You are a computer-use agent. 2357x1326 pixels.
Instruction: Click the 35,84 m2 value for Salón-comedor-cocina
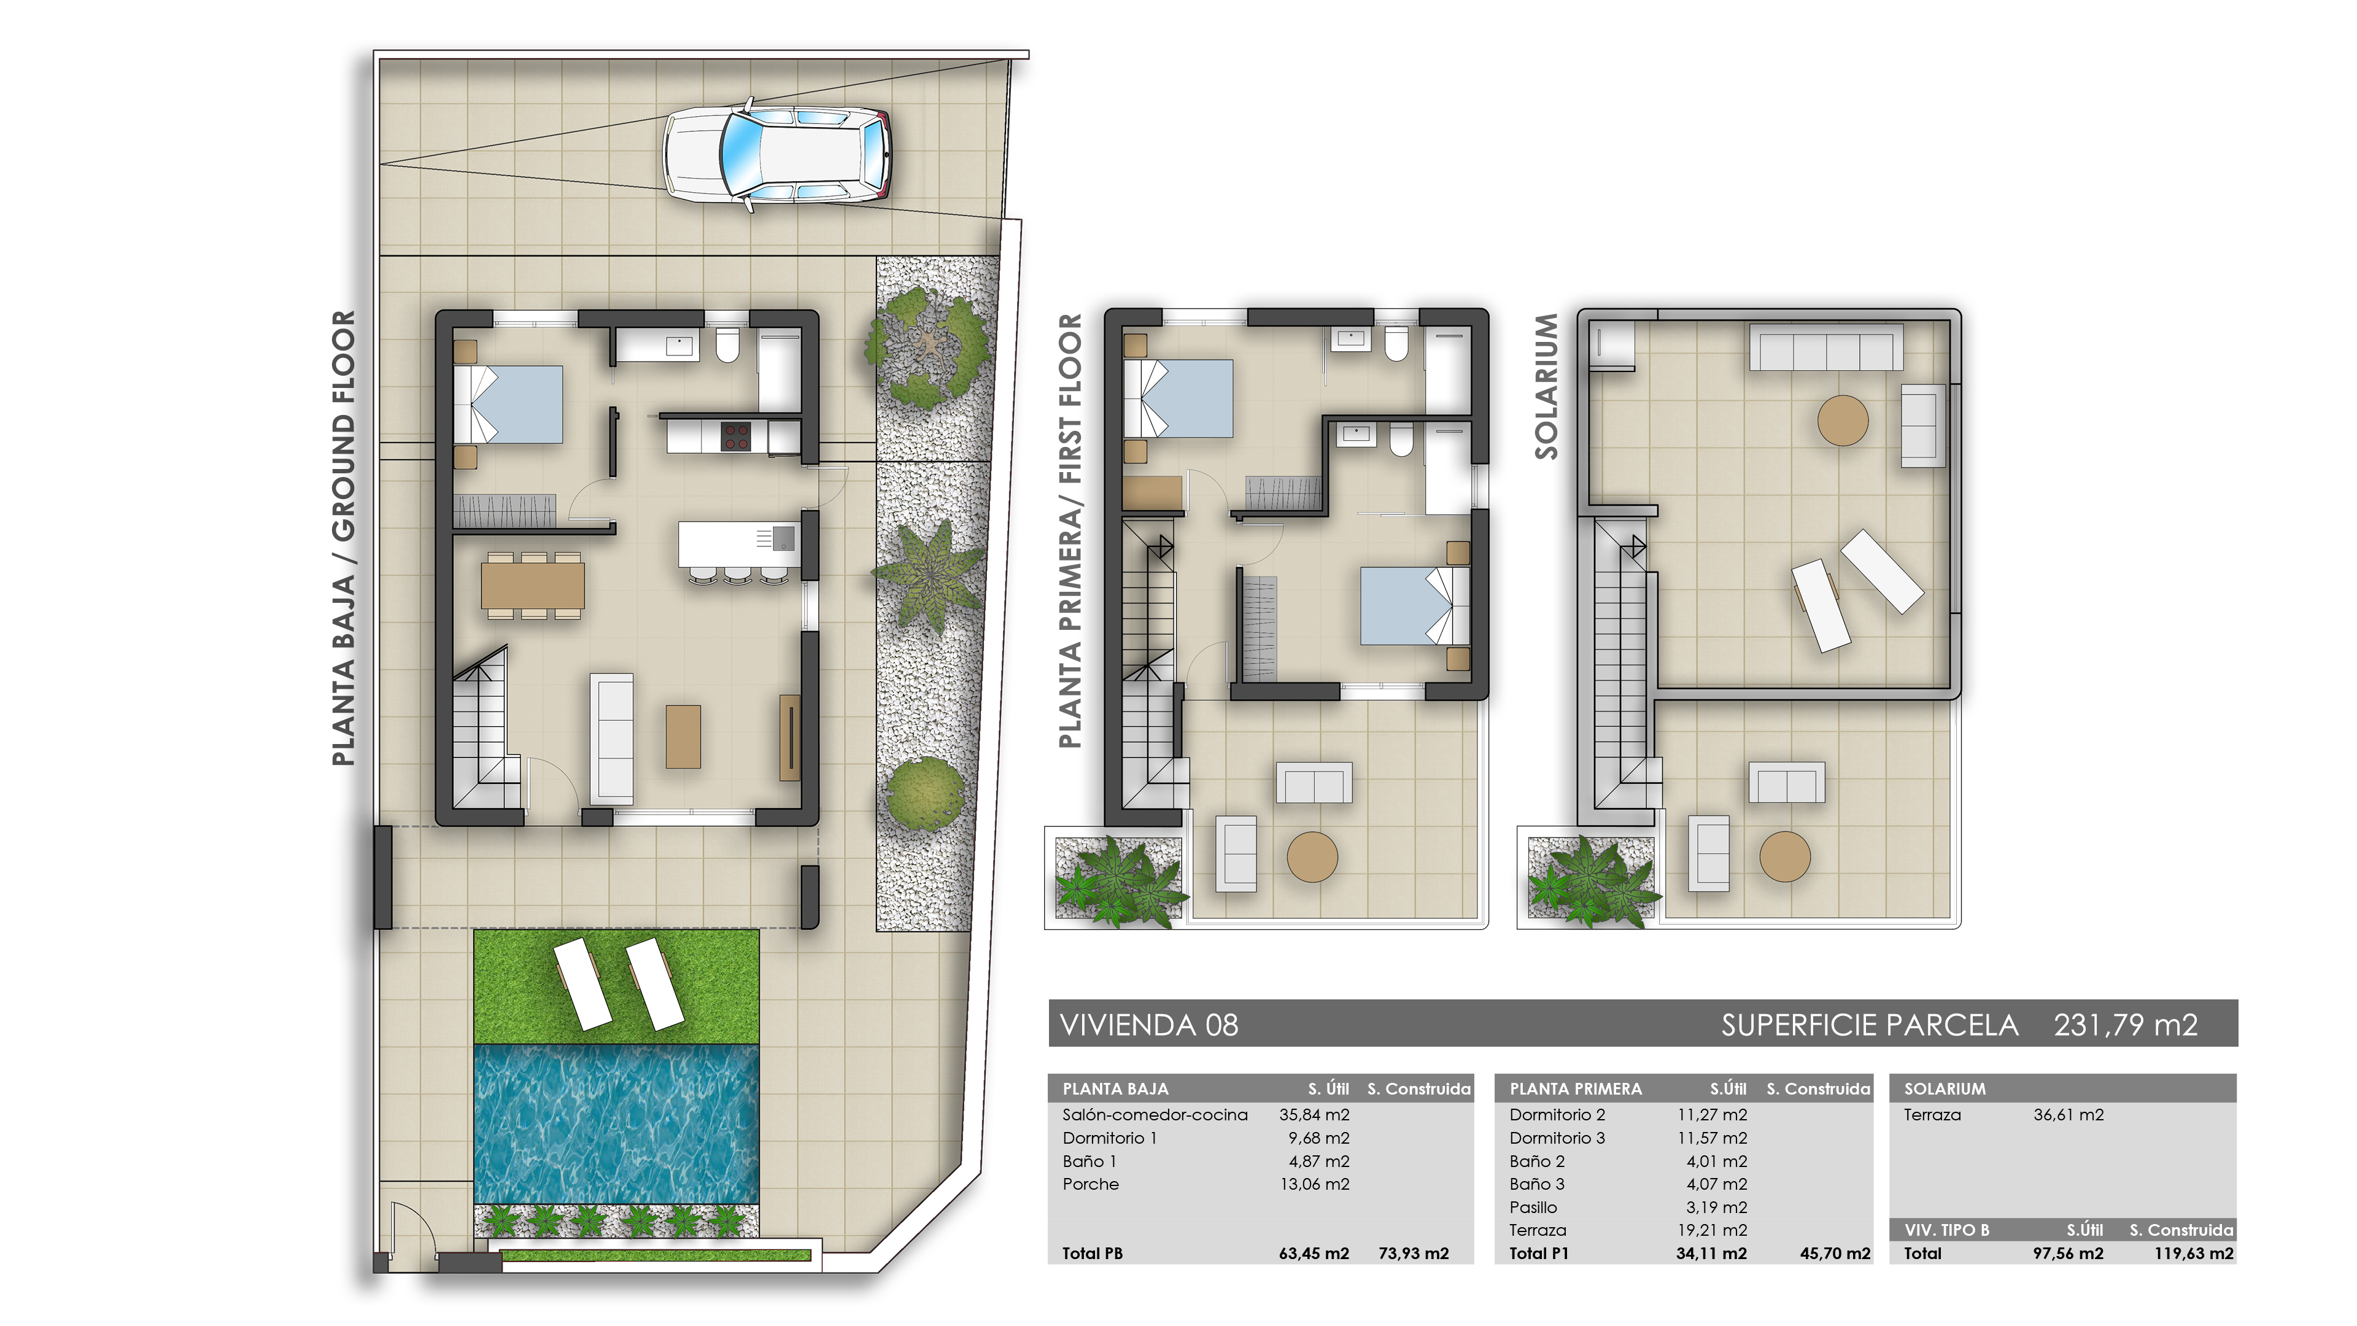[x=1314, y=1115]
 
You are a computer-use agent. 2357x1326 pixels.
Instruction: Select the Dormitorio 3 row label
[x=1557, y=1138]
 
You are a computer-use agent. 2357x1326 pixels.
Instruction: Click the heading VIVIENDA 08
[x=1148, y=1025]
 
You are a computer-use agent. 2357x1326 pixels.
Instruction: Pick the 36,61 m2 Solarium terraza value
[x=2068, y=1115]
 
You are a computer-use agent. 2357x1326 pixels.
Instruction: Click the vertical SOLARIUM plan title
[x=1546, y=386]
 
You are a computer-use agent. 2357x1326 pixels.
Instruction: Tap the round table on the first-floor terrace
[x=1312, y=856]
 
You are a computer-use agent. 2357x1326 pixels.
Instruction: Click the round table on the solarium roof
[x=1842, y=420]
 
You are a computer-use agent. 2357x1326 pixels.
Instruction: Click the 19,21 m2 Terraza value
[x=1712, y=1230]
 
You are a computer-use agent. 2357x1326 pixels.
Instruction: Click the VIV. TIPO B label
[x=1946, y=1230]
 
